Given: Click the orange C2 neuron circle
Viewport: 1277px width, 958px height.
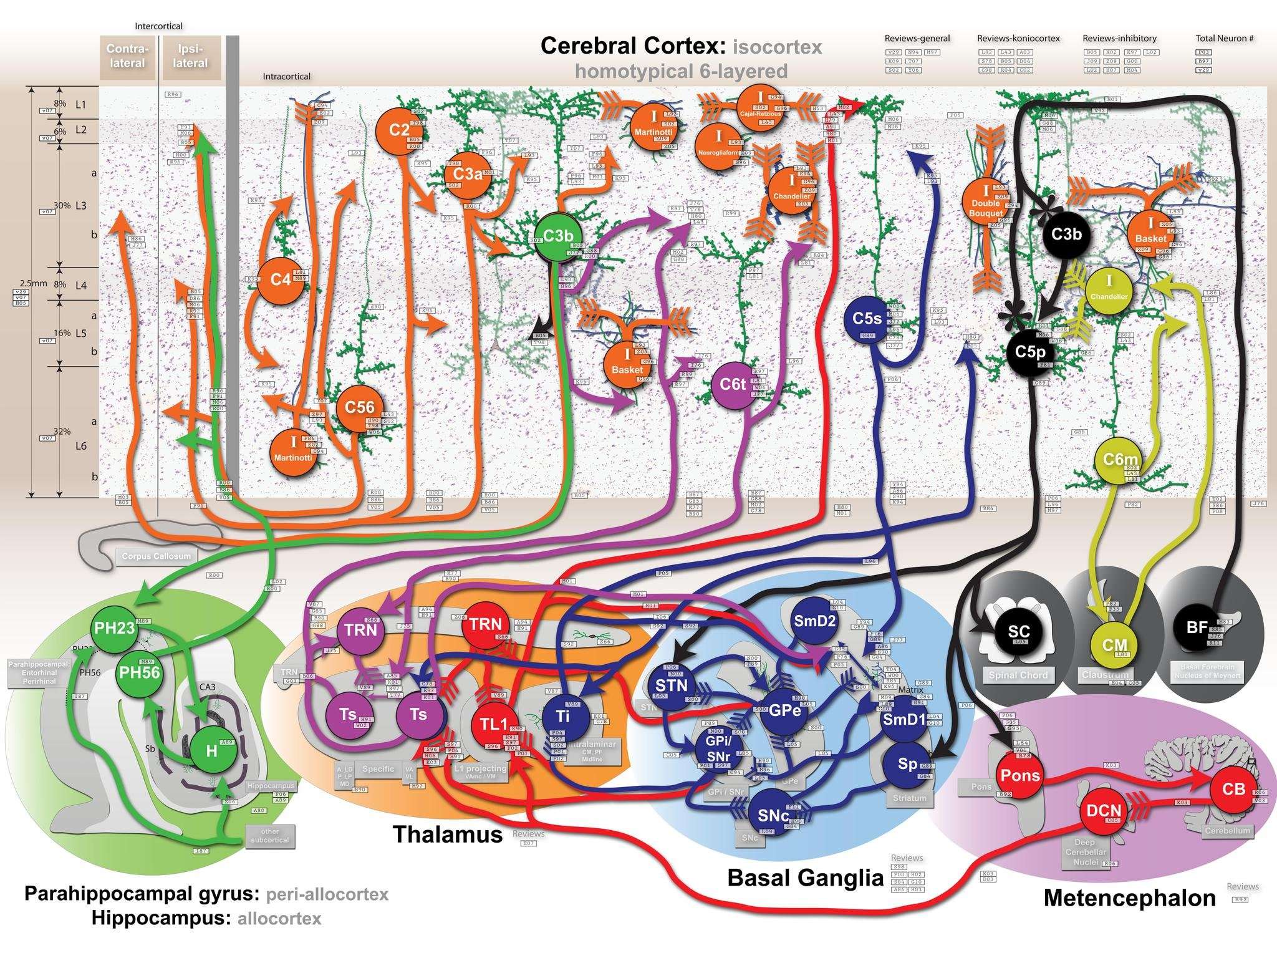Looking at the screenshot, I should pos(400,130).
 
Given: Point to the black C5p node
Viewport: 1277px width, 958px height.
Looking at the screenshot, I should pos(1030,351).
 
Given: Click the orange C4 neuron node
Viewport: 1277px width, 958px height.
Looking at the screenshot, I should pos(281,279).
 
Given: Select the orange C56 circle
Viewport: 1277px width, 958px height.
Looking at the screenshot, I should pos(360,407).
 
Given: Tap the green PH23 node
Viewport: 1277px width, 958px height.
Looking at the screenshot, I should pos(113,627).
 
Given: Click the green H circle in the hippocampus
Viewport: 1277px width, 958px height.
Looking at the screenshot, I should pos(211,751).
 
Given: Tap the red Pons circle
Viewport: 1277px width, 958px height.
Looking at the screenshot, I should pos(1020,775).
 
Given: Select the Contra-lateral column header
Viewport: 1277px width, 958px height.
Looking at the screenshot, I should pos(127,56).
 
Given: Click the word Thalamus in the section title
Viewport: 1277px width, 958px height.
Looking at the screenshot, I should pos(448,834).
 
